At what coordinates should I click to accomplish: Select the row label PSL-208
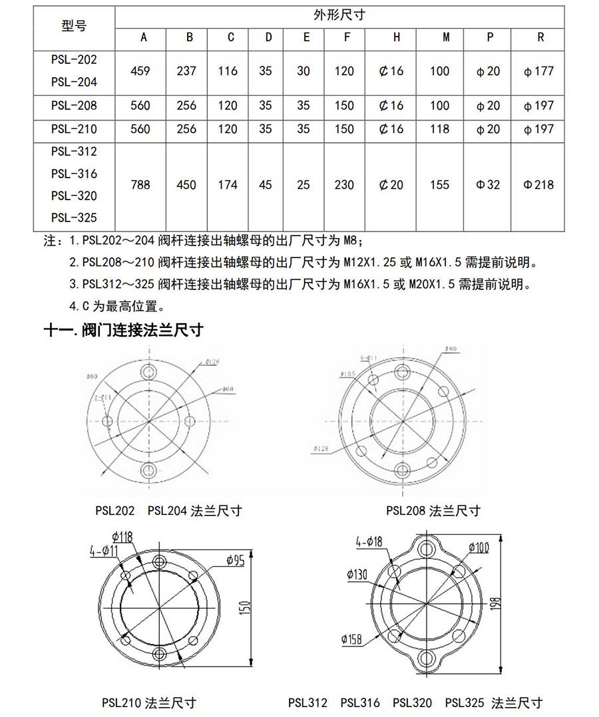[x=74, y=105]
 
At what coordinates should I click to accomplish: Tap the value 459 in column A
[x=140, y=71]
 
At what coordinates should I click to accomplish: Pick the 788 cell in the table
[x=140, y=184]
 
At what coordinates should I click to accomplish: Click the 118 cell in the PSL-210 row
[x=439, y=129]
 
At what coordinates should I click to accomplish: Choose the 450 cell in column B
[x=186, y=184]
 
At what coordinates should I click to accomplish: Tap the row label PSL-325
[x=74, y=217]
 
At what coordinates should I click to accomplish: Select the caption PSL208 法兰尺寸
[x=433, y=511]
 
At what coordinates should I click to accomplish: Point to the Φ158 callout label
[x=351, y=639]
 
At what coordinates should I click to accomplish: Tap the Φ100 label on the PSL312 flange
[x=479, y=547]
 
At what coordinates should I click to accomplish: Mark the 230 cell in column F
[x=344, y=184]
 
